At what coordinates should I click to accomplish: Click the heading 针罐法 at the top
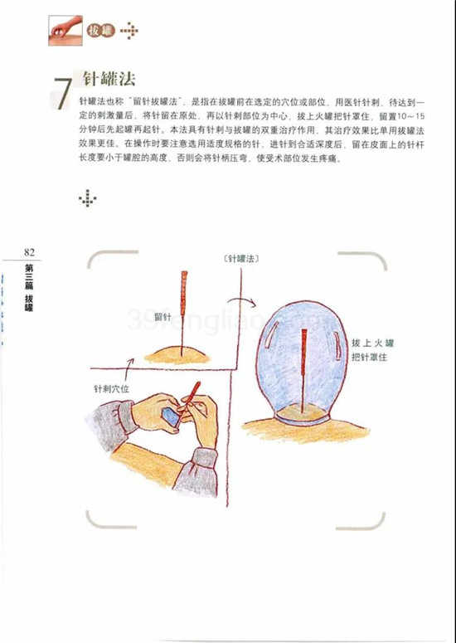[109, 79]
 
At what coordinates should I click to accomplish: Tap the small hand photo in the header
[65, 31]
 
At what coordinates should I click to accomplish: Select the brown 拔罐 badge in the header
[101, 31]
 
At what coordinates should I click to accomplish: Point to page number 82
[30, 252]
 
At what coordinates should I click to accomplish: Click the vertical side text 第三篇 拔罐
[29, 287]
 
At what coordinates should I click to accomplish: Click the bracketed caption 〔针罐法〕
[242, 258]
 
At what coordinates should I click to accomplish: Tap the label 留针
[163, 317]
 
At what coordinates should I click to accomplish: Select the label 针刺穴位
[111, 388]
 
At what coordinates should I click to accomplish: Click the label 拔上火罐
[372, 343]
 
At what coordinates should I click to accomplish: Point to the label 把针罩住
[369, 357]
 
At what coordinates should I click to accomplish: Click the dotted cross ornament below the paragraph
[88, 198]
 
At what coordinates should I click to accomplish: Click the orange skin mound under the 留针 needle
[177, 356]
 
